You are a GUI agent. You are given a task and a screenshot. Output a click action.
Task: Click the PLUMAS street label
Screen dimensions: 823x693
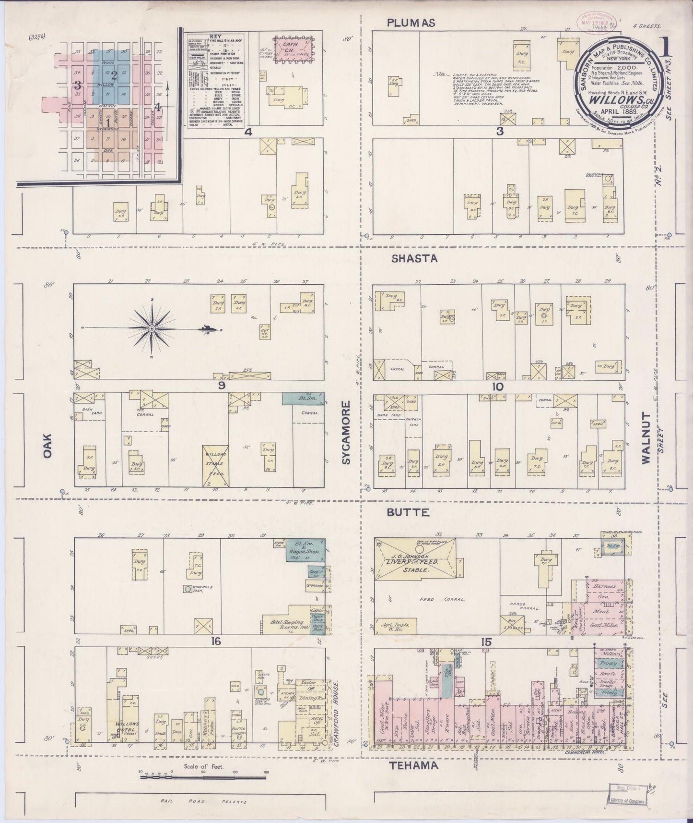[411, 23]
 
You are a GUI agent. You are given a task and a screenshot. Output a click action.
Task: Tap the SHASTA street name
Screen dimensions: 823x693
[414, 258]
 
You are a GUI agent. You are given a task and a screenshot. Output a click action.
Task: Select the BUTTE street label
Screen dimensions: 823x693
[407, 513]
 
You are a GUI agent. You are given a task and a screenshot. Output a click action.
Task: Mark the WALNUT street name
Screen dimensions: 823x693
[646, 437]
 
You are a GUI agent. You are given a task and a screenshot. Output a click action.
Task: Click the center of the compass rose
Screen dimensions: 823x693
[152, 328]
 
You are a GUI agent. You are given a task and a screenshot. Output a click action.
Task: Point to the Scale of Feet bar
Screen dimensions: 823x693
[203, 775]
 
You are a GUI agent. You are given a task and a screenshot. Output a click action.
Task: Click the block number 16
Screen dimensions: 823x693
[217, 641]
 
